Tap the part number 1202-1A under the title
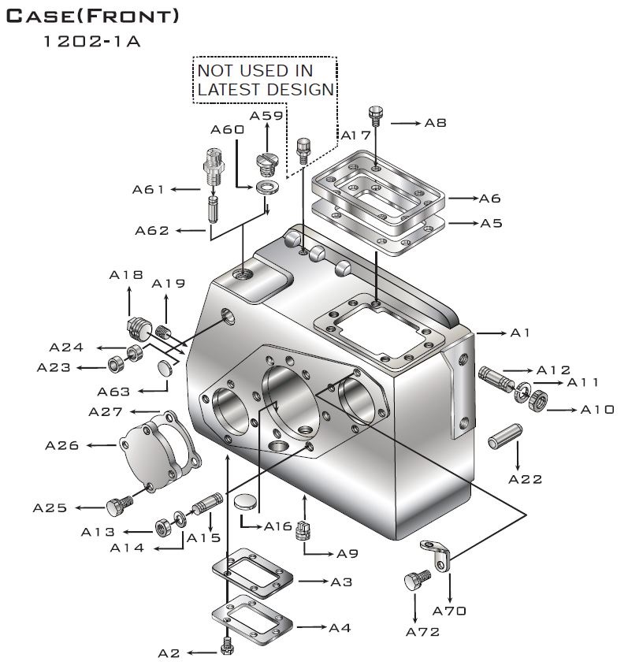(x=93, y=42)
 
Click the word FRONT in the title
(x=133, y=15)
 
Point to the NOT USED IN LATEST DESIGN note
(x=265, y=80)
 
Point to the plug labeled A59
(x=264, y=165)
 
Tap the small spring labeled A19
(x=163, y=333)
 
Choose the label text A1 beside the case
(x=520, y=333)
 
